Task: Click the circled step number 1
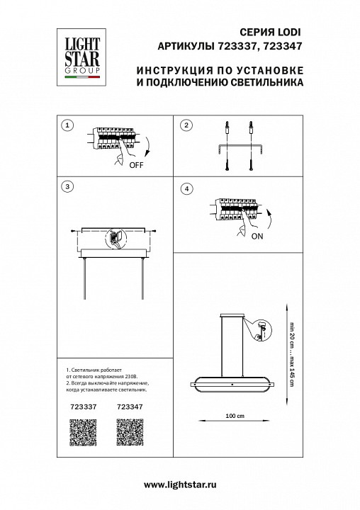(67, 125)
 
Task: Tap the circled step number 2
(186, 125)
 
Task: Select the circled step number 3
(67, 187)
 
